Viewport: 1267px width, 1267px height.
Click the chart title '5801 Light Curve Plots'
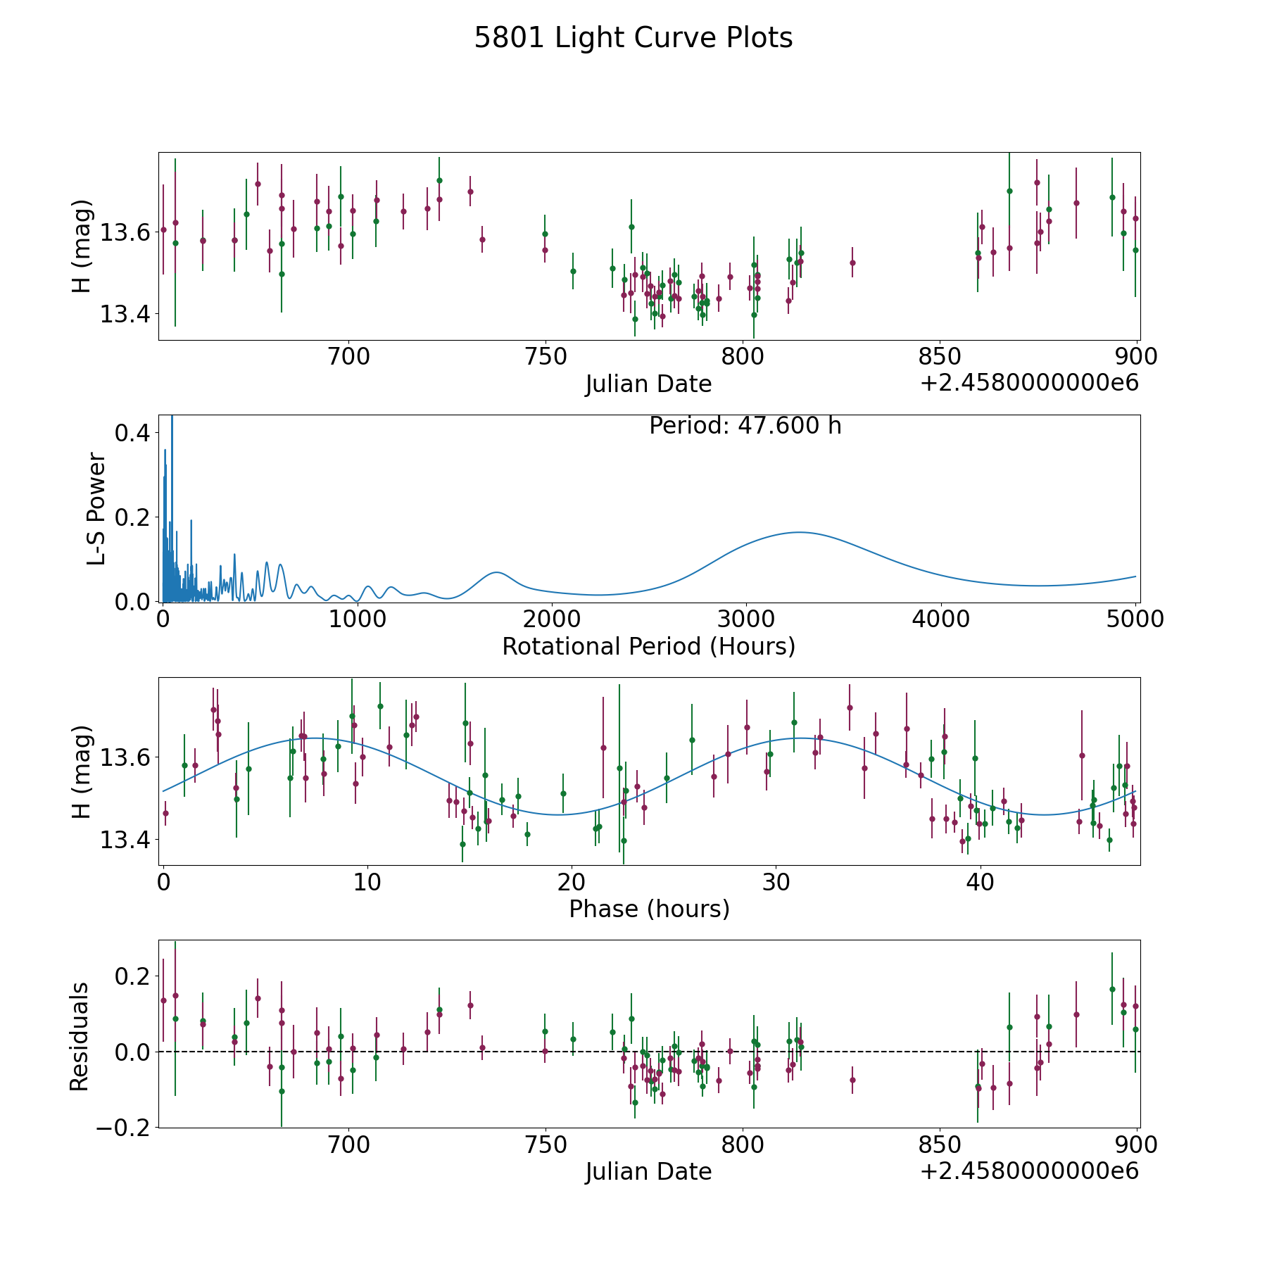point(633,38)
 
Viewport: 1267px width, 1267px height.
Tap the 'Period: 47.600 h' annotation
point(745,426)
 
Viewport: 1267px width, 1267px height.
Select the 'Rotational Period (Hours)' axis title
point(648,646)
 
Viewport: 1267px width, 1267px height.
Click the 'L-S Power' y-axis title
point(96,509)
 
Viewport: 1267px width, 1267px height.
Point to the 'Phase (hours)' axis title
point(648,909)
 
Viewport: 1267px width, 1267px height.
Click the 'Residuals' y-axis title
point(79,1036)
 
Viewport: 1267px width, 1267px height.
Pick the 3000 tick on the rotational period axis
point(745,619)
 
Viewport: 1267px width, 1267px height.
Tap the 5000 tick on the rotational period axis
point(1135,619)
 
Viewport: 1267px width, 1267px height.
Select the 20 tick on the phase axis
point(571,882)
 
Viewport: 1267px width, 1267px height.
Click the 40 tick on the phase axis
point(979,882)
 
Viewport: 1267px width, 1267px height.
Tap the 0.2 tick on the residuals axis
point(132,976)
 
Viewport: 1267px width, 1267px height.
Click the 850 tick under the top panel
point(940,357)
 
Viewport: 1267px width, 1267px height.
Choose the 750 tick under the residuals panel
point(546,1145)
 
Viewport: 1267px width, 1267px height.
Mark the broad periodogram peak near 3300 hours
point(798,532)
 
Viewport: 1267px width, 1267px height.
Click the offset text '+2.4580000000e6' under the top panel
point(1029,384)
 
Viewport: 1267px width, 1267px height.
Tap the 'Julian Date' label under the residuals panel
point(648,1171)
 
